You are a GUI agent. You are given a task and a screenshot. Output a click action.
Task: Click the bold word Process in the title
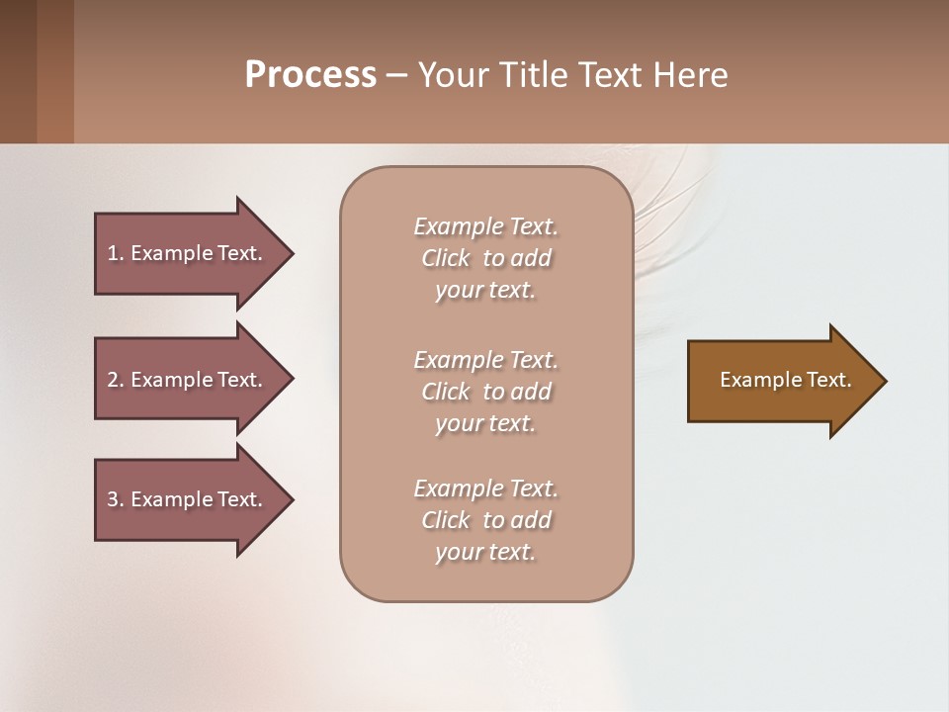(310, 74)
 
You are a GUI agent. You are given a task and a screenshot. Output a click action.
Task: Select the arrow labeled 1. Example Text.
(185, 253)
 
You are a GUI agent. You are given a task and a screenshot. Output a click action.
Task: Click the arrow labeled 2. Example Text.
(185, 380)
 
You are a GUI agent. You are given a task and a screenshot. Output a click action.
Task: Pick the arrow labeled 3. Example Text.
(185, 499)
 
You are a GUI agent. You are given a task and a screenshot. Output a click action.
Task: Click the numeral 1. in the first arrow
(115, 253)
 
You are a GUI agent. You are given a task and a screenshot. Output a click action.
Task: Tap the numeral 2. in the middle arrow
(115, 380)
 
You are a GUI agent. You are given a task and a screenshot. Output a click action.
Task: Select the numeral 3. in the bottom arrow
(115, 499)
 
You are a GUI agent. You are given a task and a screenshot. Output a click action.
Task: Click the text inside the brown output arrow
(785, 380)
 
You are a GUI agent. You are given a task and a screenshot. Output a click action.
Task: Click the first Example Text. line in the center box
(485, 226)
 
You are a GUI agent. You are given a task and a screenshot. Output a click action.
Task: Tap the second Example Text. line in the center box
(485, 359)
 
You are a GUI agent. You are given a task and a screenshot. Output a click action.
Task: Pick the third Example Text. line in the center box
(485, 489)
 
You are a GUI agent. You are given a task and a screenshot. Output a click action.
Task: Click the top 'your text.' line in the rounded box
(485, 291)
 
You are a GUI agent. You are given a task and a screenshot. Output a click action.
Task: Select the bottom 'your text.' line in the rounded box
(485, 552)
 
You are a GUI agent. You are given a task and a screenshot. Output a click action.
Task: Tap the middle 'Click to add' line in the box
(485, 392)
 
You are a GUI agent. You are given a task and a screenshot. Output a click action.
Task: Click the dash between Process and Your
(396, 75)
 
